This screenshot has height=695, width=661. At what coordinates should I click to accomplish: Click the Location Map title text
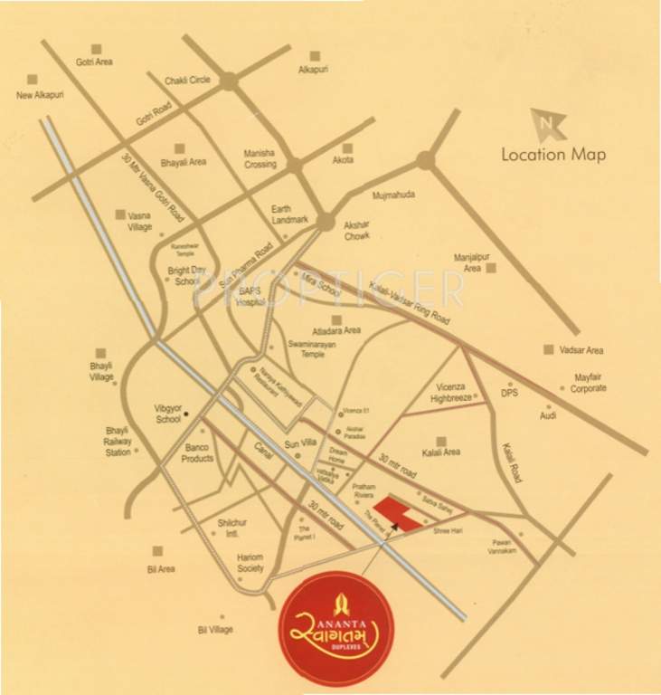[553, 153]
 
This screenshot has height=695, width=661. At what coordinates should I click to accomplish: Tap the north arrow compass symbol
[547, 124]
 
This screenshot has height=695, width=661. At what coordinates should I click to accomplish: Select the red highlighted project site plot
[399, 513]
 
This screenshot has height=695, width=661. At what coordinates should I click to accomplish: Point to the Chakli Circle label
[187, 81]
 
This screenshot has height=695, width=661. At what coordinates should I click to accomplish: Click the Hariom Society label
[246, 563]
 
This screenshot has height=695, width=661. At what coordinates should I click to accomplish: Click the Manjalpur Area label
[468, 262]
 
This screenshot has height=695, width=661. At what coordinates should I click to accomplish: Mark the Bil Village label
[215, 629]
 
